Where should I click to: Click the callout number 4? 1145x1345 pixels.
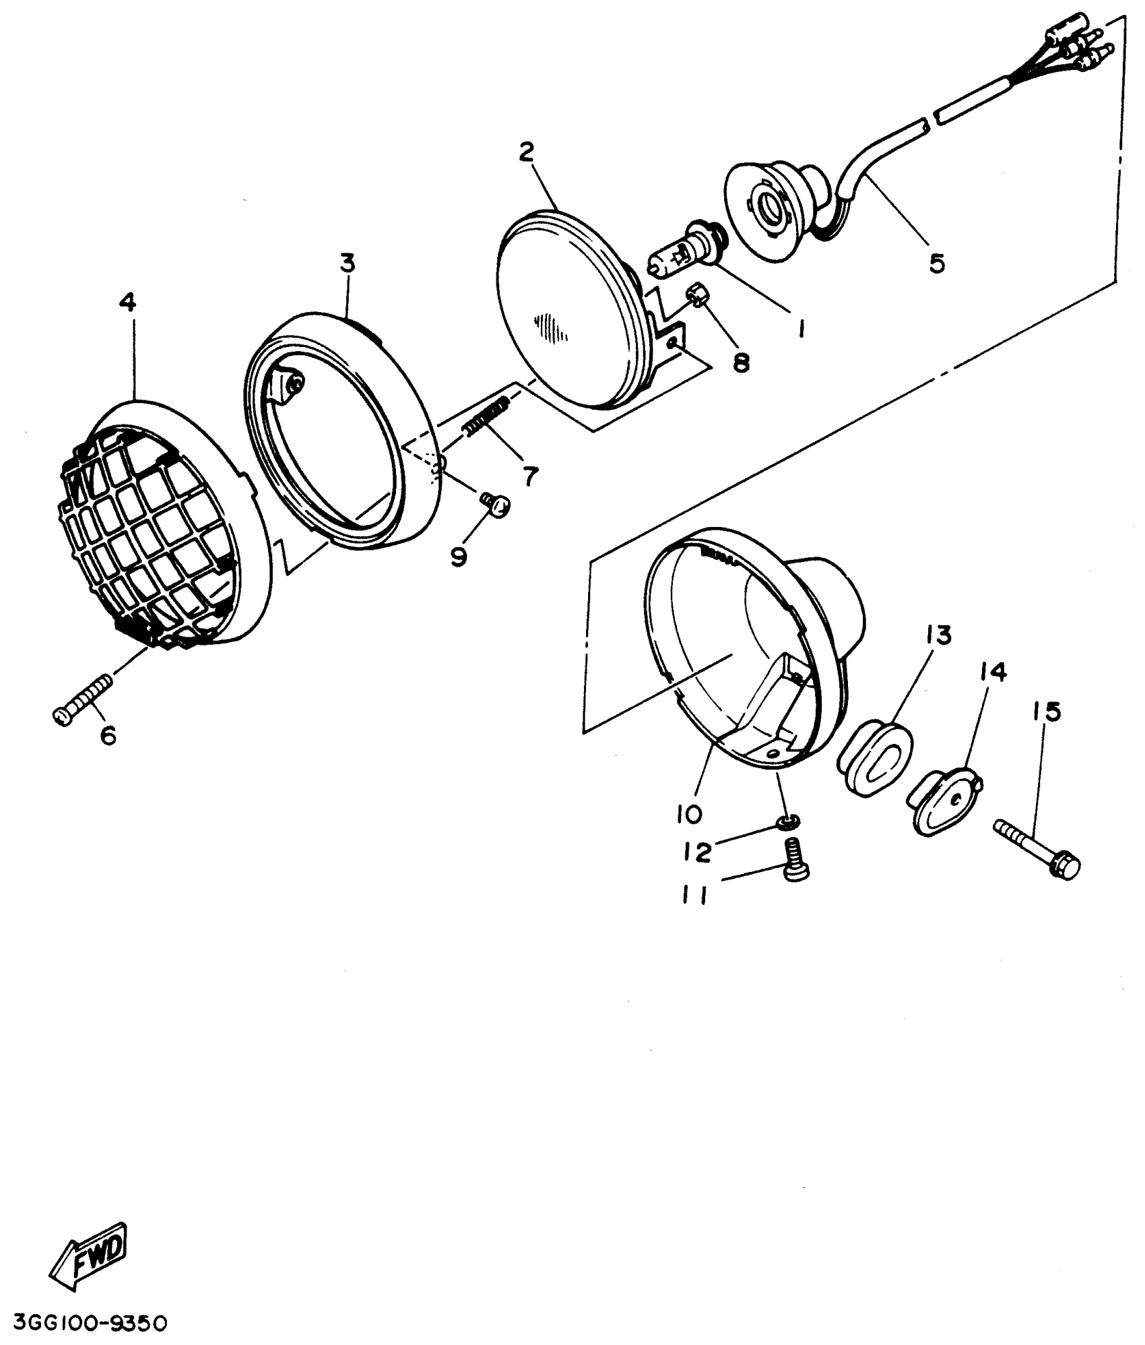point(127,303)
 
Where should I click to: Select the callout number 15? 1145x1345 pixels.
point(1045,711)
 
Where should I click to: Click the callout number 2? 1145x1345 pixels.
point(526,152)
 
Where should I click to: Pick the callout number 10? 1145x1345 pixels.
point(689,813)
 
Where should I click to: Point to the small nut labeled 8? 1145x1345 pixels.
point(696,295)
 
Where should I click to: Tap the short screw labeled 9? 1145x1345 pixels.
point(497,503)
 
